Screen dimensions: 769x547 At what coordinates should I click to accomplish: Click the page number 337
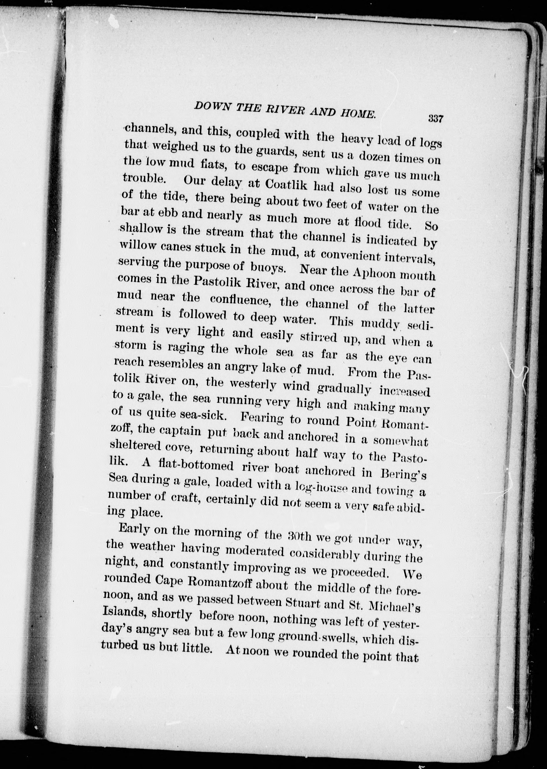tap(435, 119)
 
